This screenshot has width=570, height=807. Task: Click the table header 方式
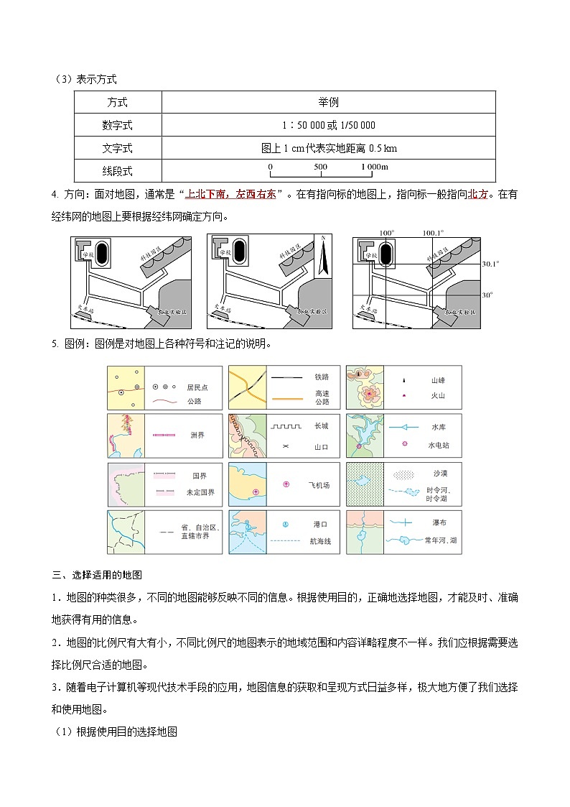coord(118,103)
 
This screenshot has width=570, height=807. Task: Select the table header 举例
coord(328,103)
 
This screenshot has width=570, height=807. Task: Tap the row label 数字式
coord(118,125)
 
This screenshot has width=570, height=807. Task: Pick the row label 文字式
coord(118,148)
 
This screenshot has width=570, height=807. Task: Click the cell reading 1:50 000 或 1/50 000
coord(328,125)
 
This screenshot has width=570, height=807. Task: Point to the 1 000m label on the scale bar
coord(374,167)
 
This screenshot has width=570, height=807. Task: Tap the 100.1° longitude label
coord(433,233)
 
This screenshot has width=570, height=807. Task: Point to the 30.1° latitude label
coord(490,264)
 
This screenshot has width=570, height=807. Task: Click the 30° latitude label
coord(487,295)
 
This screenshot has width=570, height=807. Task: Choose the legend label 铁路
coord(321,376)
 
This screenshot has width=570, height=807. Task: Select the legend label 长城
coord(321,425)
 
